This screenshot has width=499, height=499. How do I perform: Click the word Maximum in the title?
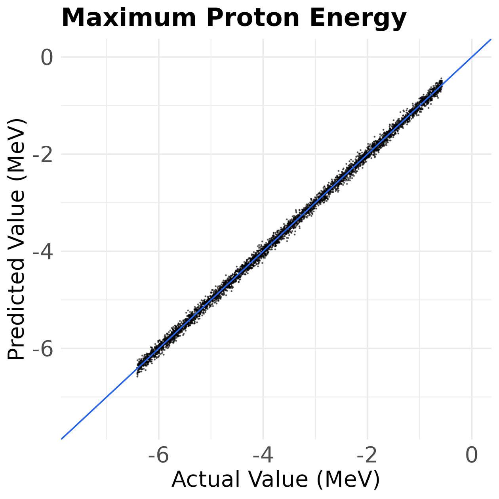tap(129, 18)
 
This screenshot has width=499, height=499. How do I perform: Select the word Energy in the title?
tap(358, 19)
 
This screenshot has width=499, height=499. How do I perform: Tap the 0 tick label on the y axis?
tap(46, 58)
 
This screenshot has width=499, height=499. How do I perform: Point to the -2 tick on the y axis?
tap(42, 155)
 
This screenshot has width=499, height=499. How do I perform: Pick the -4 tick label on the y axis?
tap(42, 252)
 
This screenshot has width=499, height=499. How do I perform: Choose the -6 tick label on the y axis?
tap(42, 349)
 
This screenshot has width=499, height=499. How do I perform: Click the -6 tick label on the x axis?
tap(158, 455)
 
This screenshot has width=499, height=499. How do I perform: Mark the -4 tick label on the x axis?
tap(263, 455)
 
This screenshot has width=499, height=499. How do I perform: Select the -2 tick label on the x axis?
tap(367, 455)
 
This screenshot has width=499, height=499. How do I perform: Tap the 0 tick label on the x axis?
tap(471, 455)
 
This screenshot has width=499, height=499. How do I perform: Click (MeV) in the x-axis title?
tap(348, 479)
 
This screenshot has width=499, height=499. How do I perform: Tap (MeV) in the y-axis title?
tap(17, 148)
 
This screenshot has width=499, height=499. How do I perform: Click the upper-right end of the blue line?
tap(490, 40)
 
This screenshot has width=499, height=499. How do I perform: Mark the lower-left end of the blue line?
tap(62, 438)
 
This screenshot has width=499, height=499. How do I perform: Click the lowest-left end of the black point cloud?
tap(137, 376)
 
